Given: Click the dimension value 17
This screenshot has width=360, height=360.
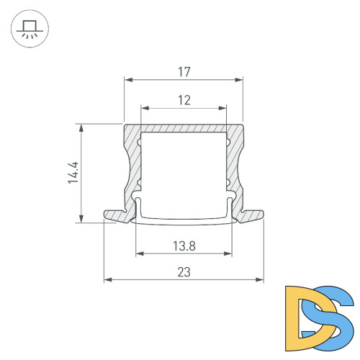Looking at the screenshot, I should pos(184,72).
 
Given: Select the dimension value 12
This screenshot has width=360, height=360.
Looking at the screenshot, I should pos(184,100).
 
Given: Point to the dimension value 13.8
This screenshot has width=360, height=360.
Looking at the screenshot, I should pos(184,246).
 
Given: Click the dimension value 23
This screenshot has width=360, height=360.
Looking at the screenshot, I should pos(184,271).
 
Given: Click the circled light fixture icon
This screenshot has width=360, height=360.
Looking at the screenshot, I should pos(30,30).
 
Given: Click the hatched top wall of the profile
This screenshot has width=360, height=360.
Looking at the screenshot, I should pos(184,128).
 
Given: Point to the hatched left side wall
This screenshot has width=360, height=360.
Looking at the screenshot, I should pos(133,166).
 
